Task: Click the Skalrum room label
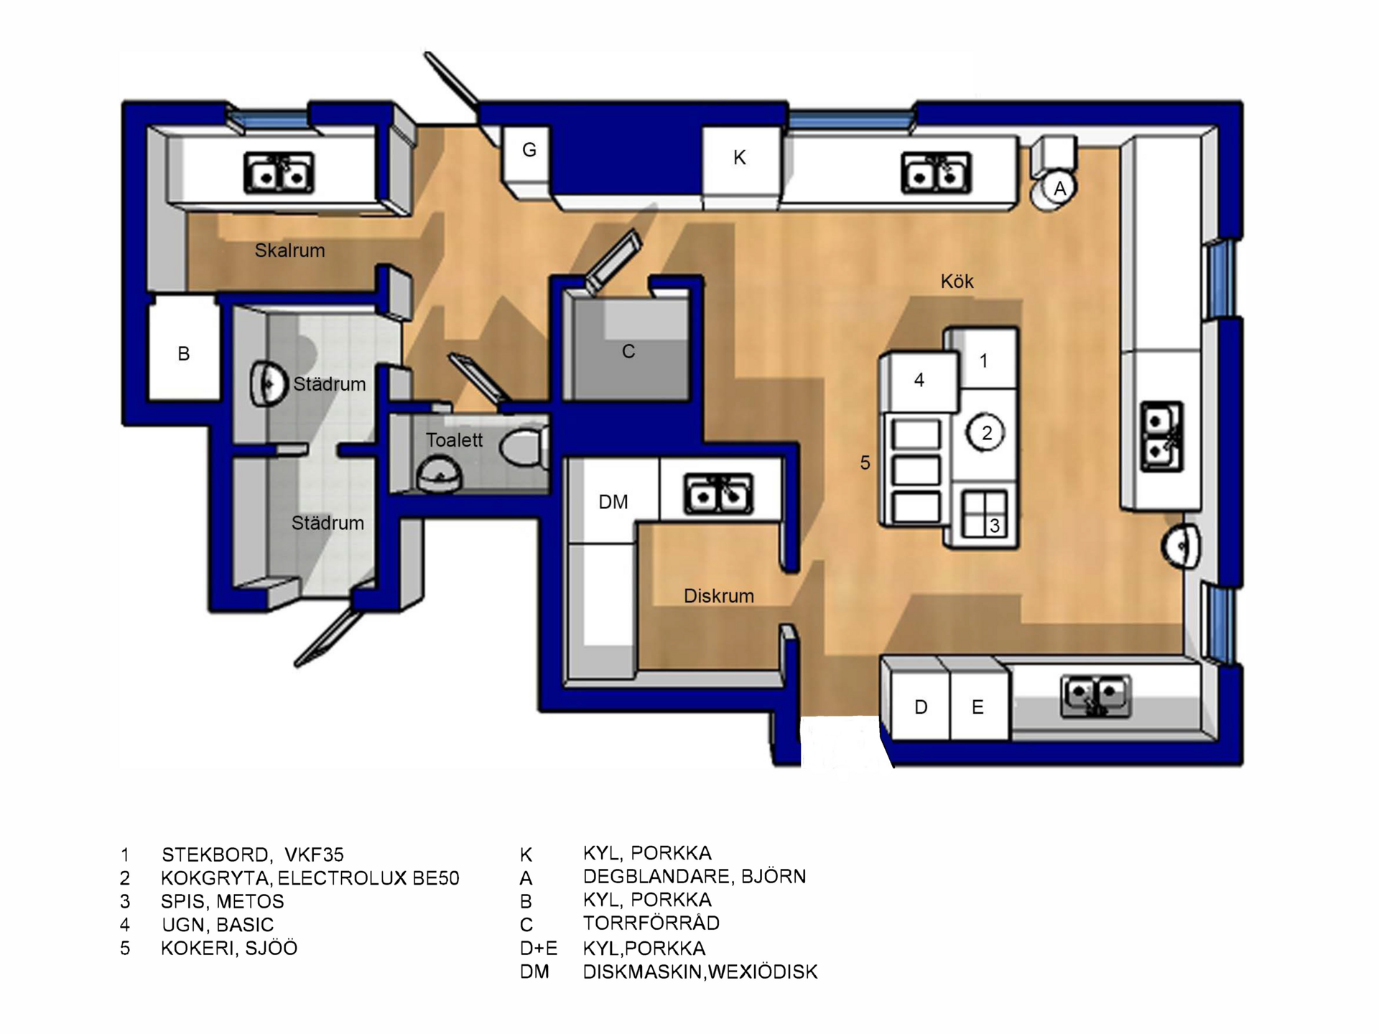(x=289, y=251)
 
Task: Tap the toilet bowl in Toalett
(x=523, y=447)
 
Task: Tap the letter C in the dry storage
(x=628, y=351)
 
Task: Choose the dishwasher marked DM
(x=613, y=500)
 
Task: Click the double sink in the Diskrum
(x=718, y=493)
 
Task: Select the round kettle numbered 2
(x=986, y=433)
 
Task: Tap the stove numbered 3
(x=984, y=513)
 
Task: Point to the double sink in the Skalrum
(x=279, y=172)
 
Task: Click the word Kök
(x=957, y=281)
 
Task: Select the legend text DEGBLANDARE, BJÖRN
(x=695, y=876)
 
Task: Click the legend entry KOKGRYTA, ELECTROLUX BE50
(x=310, y=877)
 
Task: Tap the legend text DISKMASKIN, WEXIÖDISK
(x=700, y=972)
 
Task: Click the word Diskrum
(x=719, y=596)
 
